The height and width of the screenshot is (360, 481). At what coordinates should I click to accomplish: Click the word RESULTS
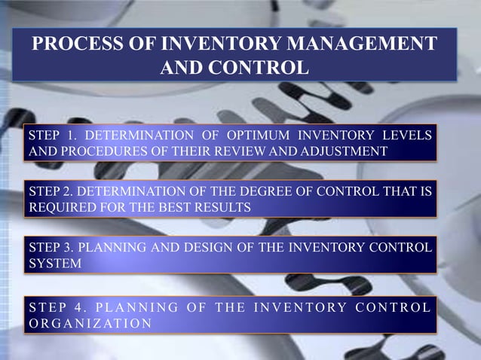tap(224, 207)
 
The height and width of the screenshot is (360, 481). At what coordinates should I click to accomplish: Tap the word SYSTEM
tap(55, 263)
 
